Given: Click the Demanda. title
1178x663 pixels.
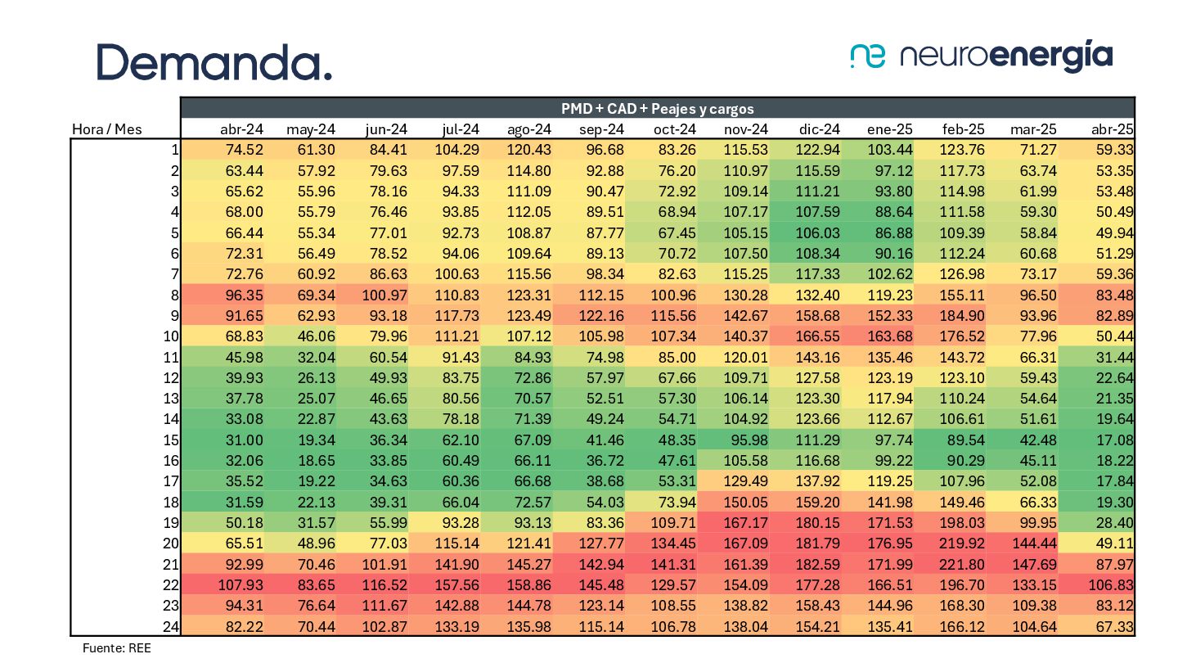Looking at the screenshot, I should (214, 61).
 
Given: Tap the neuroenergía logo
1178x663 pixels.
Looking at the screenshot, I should (982, 56).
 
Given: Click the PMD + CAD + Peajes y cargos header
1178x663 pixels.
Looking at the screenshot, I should (657, 108).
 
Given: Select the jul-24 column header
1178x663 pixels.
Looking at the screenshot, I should (461, 129).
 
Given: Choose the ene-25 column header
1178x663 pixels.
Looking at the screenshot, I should (890, 129).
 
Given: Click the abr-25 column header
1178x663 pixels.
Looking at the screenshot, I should (1112, 129).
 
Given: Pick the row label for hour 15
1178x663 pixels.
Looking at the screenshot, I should (173, 439).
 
